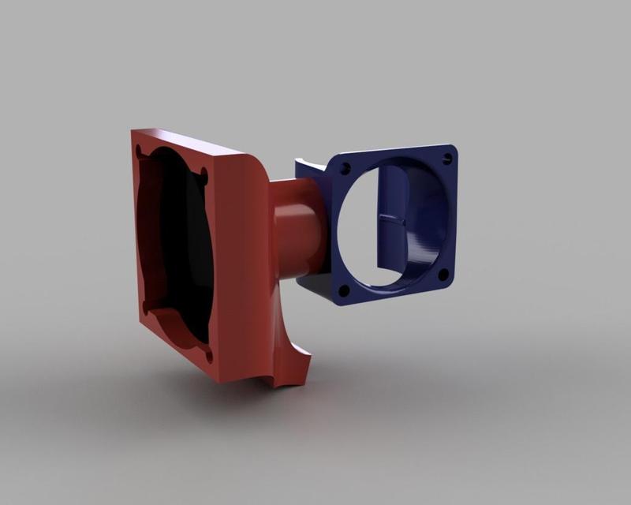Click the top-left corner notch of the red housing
pos(140,150)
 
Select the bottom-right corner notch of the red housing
pos(208,355)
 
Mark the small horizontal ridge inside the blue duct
pos(392,221)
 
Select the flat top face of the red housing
pos(197,142)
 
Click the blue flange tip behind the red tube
pos(308,166)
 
